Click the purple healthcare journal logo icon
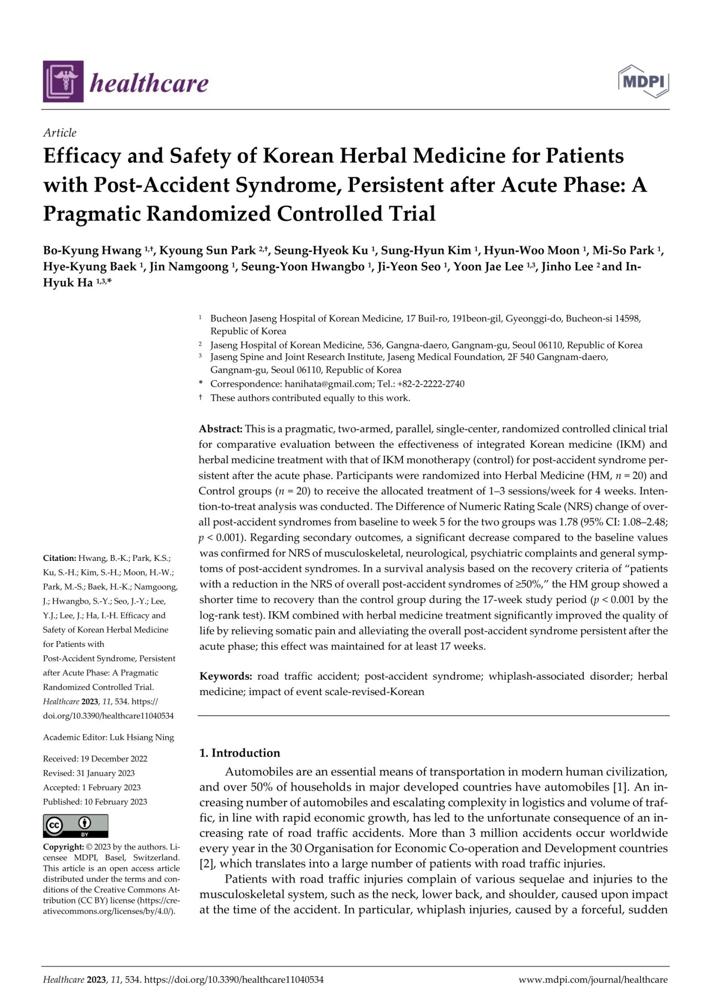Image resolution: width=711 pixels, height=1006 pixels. coord(63,81)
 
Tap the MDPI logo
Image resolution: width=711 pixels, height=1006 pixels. coord(644,81)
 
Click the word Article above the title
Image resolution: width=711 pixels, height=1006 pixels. coord(60,133)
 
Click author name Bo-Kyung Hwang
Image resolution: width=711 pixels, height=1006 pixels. coord(92,250)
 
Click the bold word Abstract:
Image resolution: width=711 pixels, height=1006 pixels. coord(221,429)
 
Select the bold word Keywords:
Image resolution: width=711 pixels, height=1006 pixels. coord(226,676)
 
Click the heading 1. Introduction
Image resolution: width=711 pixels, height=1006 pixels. coord(240,753)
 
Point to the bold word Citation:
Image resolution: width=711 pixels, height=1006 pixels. coord(59,558)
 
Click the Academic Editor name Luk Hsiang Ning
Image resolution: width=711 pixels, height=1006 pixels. coord(141,737)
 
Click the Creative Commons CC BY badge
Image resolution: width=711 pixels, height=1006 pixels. coord(75,826)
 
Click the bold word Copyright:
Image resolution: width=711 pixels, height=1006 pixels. coord(63,847)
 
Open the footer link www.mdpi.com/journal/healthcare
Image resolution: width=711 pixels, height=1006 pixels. coord(593,980)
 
